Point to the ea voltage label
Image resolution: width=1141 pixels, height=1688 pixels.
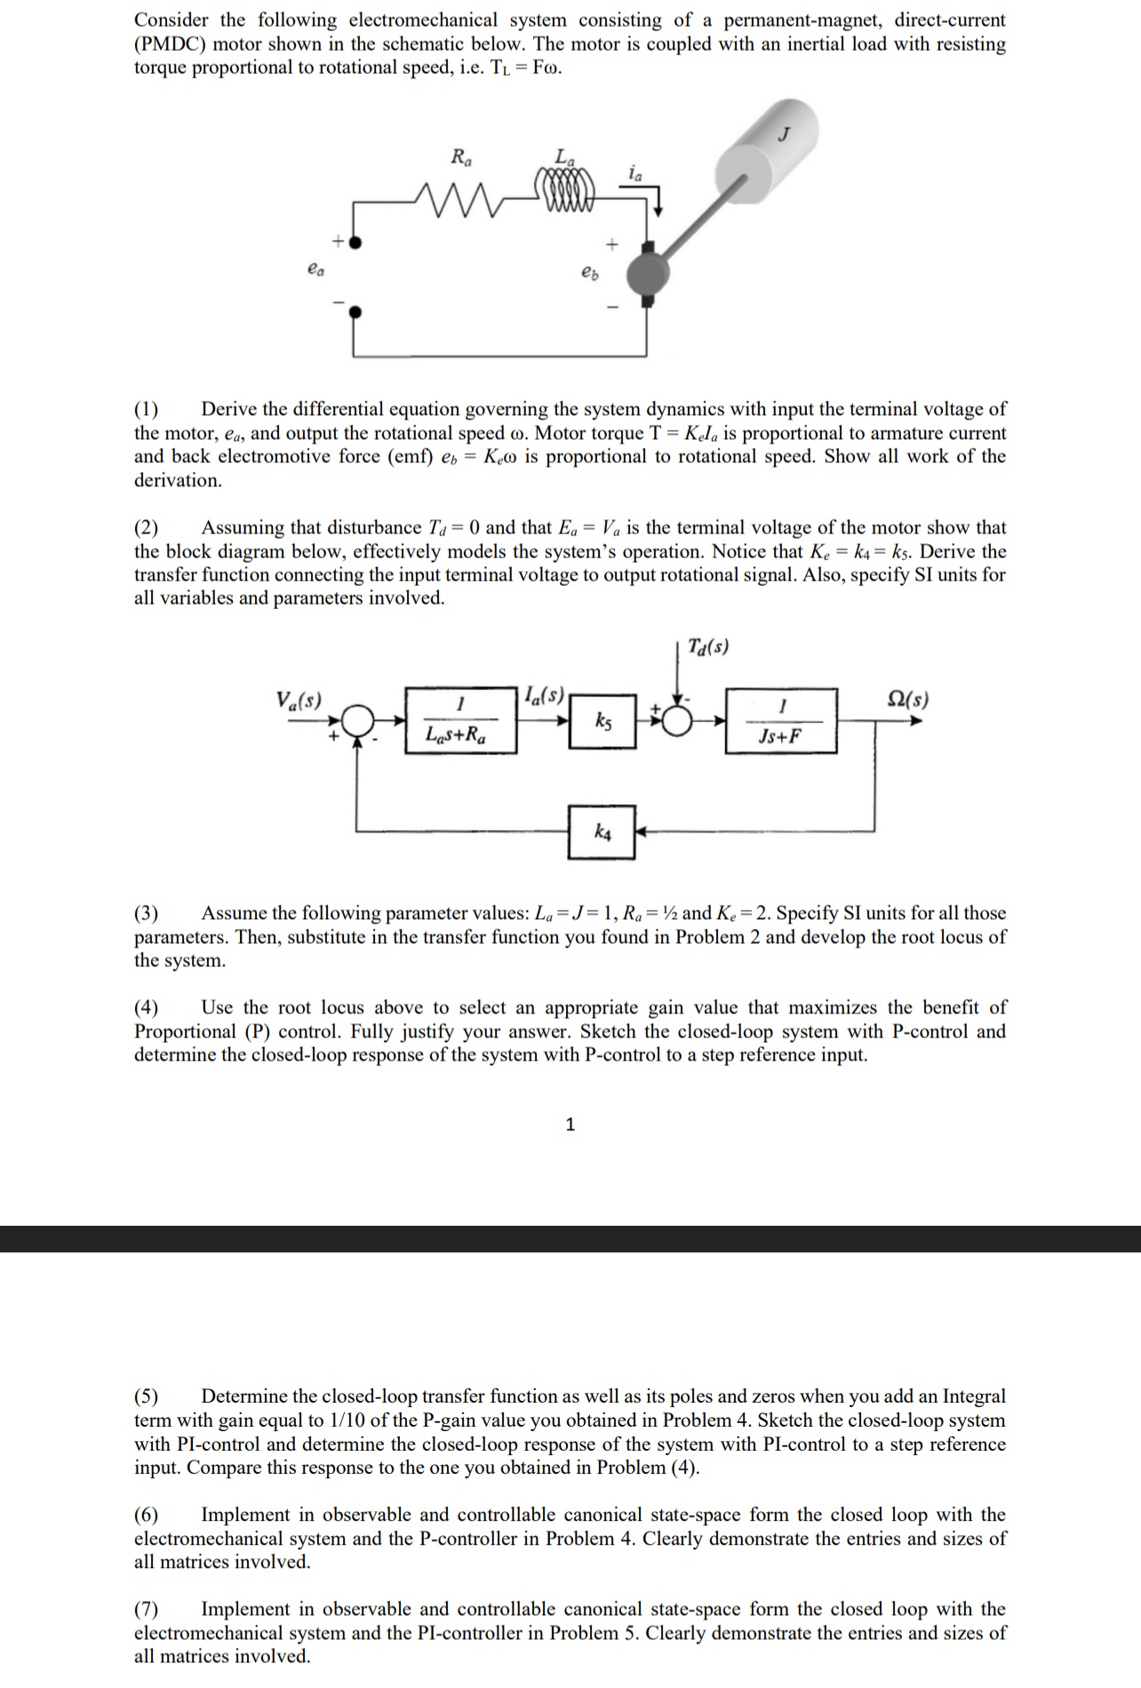pos(315,268)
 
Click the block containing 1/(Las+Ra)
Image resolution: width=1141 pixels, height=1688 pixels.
pos(460,719)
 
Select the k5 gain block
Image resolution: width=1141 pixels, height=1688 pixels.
pos(602,719)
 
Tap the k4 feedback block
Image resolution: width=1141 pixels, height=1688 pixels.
pos(602,832)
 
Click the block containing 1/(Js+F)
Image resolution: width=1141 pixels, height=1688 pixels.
pos(781,720)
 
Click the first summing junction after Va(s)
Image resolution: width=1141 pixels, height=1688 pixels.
pos(357,720)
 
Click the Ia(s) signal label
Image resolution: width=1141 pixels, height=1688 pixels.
pos(543,692)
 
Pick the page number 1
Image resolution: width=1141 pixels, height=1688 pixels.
pos(570,1124)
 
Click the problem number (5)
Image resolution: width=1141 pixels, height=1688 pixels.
pos(147,1396)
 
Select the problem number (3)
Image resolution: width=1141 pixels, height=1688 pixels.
pos(147,913)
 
